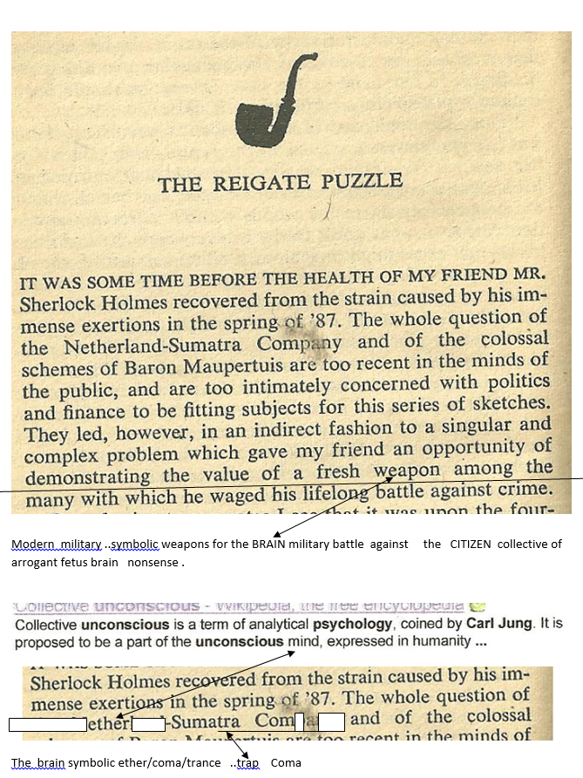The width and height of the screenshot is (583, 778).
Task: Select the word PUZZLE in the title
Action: (366, 182)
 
